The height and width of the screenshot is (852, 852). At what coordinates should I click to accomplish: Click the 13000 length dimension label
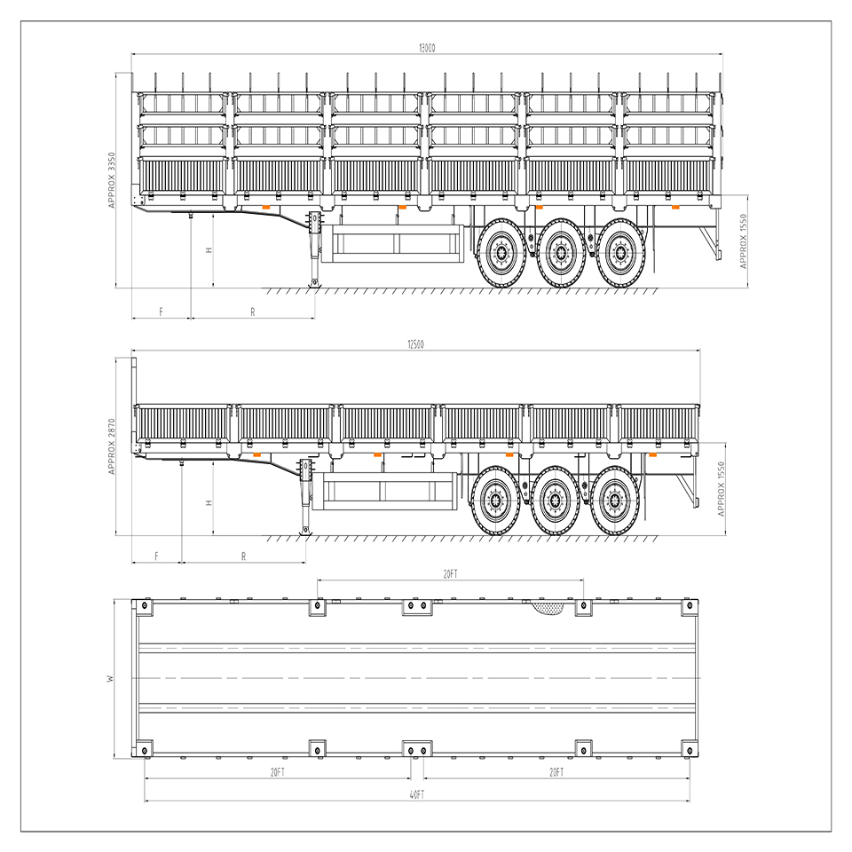click(427, 48)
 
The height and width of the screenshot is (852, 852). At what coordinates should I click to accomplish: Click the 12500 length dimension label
click(415, 344)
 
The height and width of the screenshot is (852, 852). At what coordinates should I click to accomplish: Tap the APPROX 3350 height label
click(112, 180)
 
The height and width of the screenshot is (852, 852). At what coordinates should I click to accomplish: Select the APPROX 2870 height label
click(112, 446)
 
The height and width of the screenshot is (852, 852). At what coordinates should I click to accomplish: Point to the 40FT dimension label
click(417, 795)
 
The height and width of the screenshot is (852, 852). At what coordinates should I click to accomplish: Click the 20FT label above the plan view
click(451, 574)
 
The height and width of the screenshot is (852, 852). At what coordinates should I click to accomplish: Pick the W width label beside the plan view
click(111, 678)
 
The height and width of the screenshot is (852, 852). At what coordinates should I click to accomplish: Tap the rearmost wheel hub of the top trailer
click(620, 253)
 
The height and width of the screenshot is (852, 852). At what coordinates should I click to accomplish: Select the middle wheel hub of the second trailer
click(554, 500)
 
